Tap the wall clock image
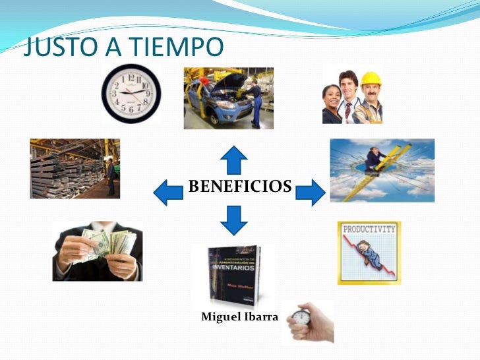tap(131, 93)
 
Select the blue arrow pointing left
tap(167, 191)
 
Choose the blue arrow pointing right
tap(309, 192)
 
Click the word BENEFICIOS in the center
tap(239, 187)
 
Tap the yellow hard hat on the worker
tap(371, 78)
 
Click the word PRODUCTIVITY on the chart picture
tap(369, 229)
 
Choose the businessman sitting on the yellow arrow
tap(376, 160)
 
